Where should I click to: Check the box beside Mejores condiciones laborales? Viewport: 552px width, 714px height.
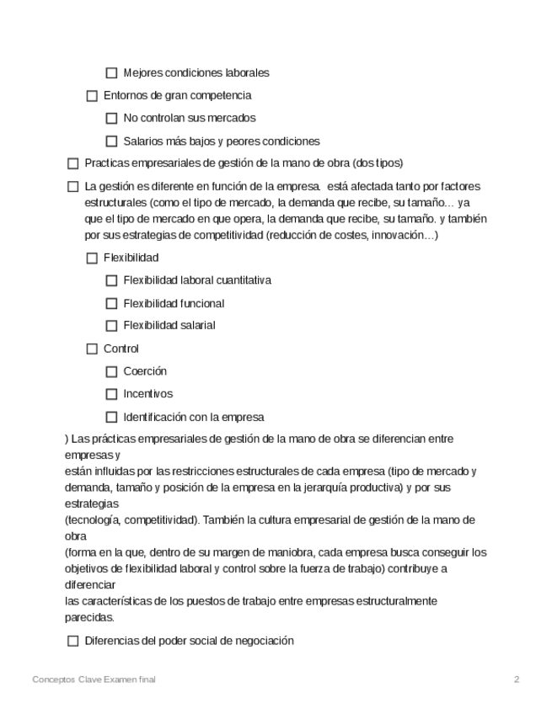(111, 73)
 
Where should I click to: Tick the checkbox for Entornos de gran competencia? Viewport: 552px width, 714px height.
(92, 96)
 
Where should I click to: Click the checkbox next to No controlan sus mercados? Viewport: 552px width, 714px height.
(111, 119)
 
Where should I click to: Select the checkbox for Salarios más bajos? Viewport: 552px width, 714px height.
(111, 141)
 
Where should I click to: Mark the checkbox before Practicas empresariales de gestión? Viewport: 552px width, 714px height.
(72, 163)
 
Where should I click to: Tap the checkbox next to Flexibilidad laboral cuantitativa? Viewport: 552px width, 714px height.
(111, 280)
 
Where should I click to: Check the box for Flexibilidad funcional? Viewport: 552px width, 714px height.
(111, 303)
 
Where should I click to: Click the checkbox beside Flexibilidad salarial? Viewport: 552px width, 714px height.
(111, 326)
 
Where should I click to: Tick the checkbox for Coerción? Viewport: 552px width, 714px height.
(111, 371)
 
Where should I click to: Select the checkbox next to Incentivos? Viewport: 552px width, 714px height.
(111, 394)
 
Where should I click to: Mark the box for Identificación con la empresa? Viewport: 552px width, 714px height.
(111, 417)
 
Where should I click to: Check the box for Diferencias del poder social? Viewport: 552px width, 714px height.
(72, 642)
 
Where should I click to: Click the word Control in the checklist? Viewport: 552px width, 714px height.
(121, 349)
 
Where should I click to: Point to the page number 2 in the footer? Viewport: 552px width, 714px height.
(517, 679)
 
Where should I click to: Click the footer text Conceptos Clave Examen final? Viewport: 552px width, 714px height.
(94, 679)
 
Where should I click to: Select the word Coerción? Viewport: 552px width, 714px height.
(145, 371)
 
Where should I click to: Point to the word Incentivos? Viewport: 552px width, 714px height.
(147, 394)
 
